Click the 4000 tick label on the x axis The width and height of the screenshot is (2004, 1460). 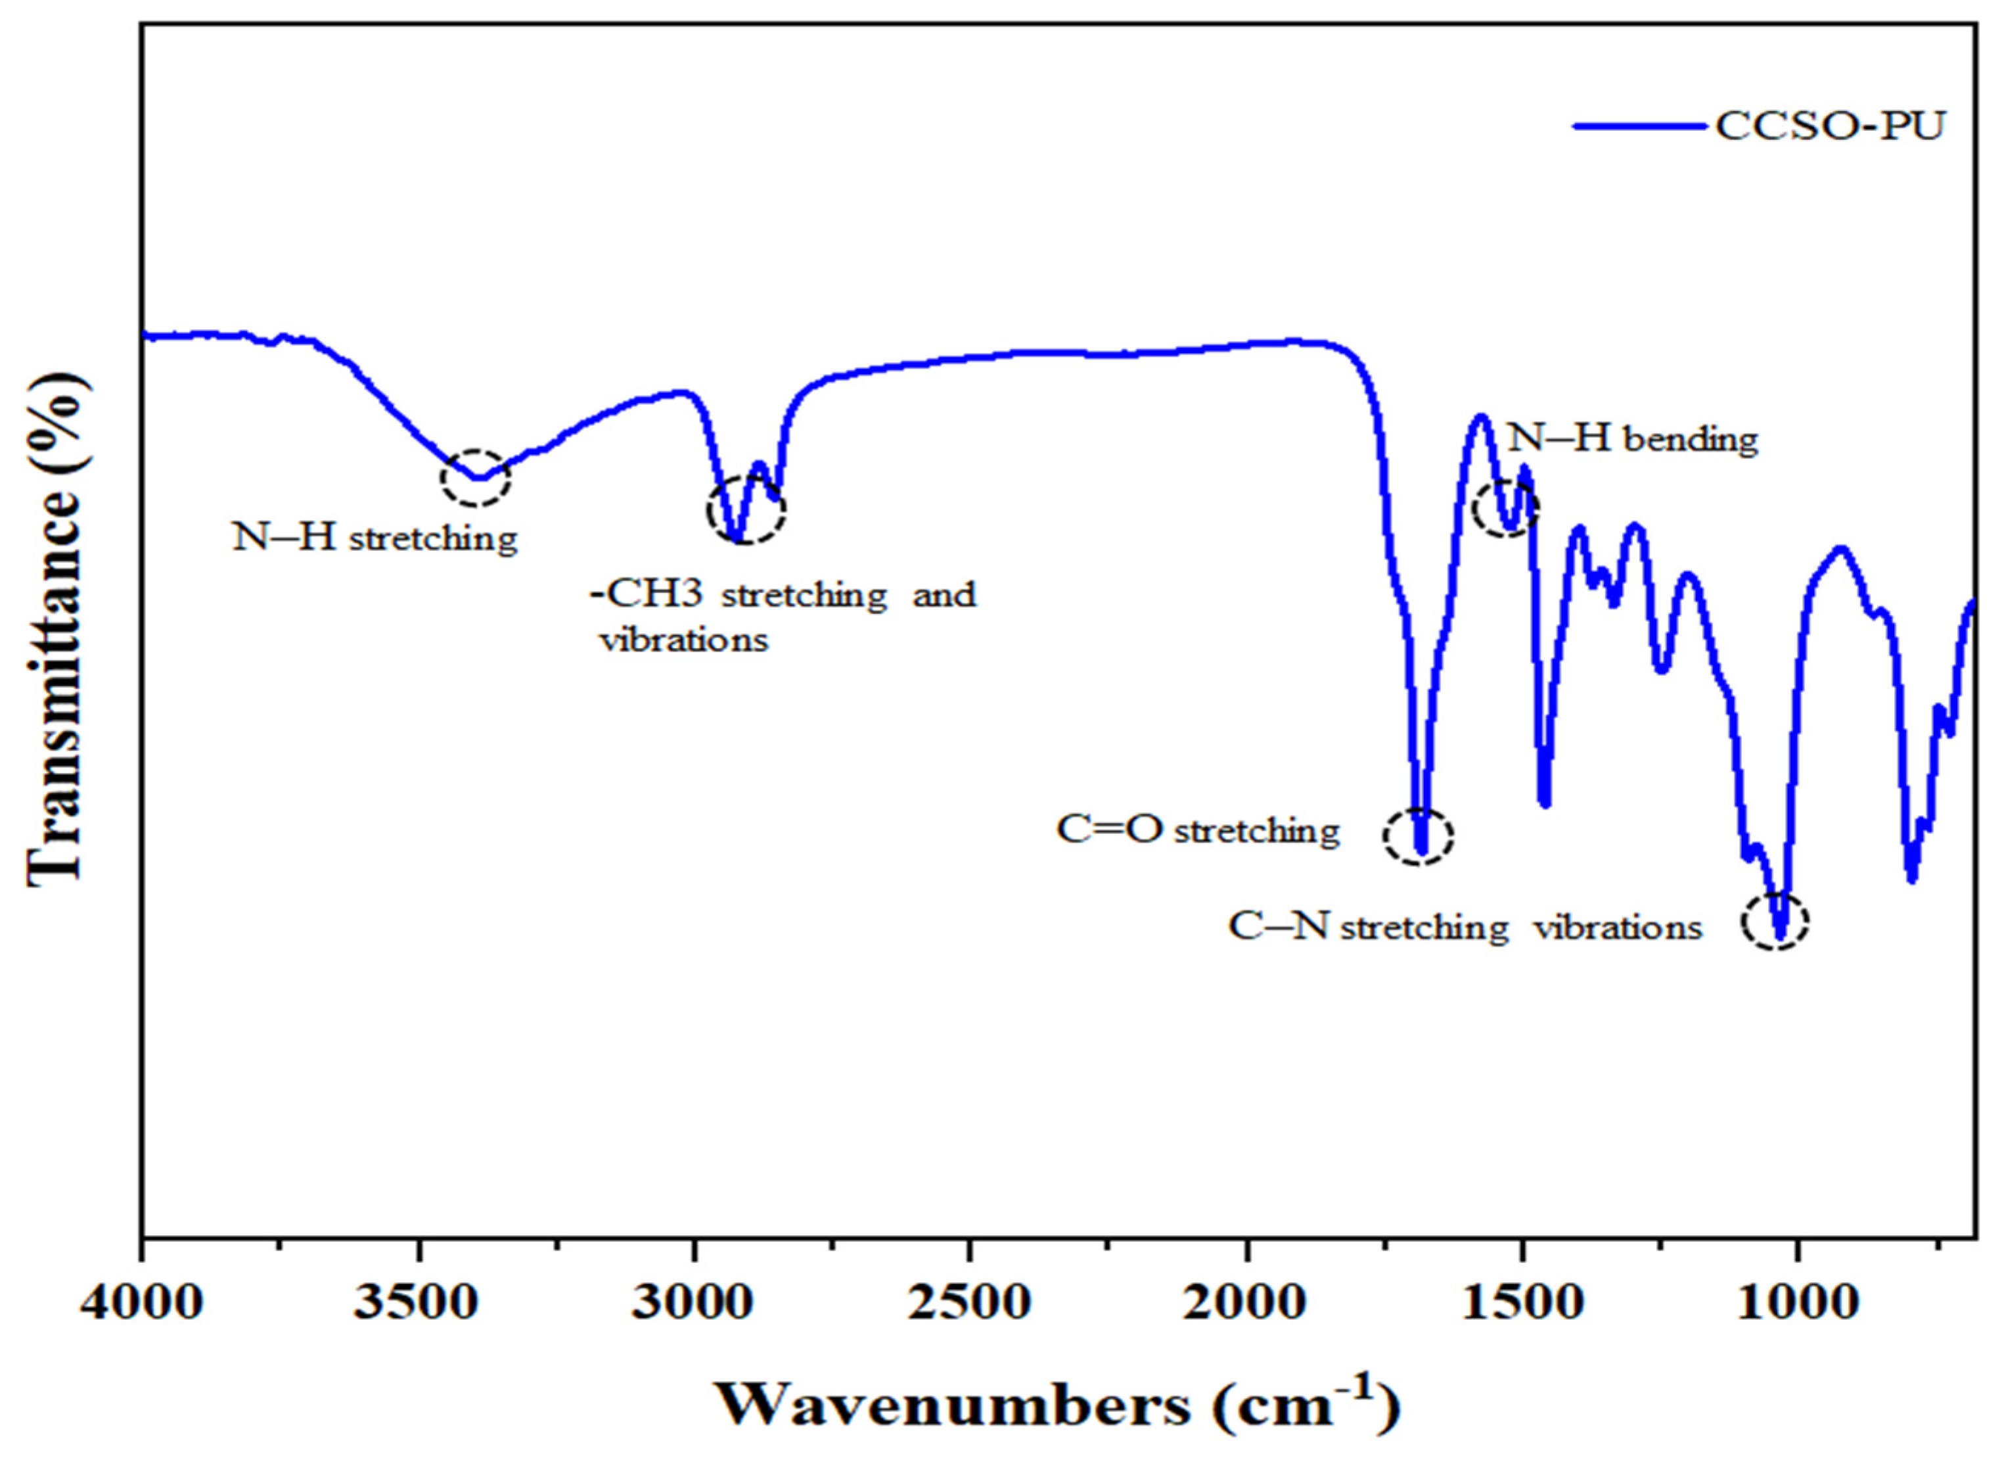click(141, 1304)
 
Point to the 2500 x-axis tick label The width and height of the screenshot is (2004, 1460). click(970, 1304)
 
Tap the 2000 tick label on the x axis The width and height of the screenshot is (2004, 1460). click(1247, 1304)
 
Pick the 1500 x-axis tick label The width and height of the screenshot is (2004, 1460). click(1522, 1304)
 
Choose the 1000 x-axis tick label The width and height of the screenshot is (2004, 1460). click(1798, 1304)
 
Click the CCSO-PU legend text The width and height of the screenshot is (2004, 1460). click(1830, 126)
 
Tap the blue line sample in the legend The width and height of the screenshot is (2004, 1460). click(1639, 126)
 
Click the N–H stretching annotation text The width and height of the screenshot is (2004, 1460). click(375, 537)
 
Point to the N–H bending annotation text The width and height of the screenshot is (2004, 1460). click(1633, 438)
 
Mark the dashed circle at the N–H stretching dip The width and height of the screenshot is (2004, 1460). click(476, 477)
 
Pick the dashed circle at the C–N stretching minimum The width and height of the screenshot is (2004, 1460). click(1775, 922)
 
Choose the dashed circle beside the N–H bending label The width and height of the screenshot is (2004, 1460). click(1506, 507)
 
